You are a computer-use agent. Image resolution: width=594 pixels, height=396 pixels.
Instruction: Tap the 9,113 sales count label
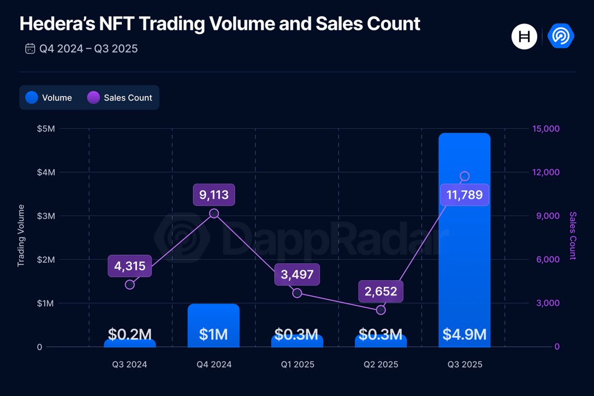[213, 195]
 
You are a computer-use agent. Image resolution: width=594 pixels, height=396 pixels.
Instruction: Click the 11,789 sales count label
[464, 195]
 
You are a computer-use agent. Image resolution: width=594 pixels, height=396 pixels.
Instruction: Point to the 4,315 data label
[130, 267]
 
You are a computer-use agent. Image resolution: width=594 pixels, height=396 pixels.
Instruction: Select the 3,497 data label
[297, 275]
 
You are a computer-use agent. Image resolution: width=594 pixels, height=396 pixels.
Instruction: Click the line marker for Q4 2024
[214, 214]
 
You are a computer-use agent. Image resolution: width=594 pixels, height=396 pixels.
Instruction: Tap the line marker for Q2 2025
[381, 310]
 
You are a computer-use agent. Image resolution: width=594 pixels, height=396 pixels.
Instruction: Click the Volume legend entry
[49, 98]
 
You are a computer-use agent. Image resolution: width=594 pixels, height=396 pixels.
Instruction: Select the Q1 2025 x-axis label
[297, 364]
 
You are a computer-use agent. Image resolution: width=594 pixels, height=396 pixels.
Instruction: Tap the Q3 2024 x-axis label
[130, 364]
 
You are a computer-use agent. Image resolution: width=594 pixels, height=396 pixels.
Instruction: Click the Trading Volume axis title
[21, 235]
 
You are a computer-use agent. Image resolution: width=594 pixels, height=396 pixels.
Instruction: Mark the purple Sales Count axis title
[573, 235]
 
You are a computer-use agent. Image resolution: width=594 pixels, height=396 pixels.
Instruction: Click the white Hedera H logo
[524, 37]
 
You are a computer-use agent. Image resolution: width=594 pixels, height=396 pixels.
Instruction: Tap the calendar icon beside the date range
[30, 49]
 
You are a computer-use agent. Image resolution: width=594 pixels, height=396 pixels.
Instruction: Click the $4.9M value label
[464, 334]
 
